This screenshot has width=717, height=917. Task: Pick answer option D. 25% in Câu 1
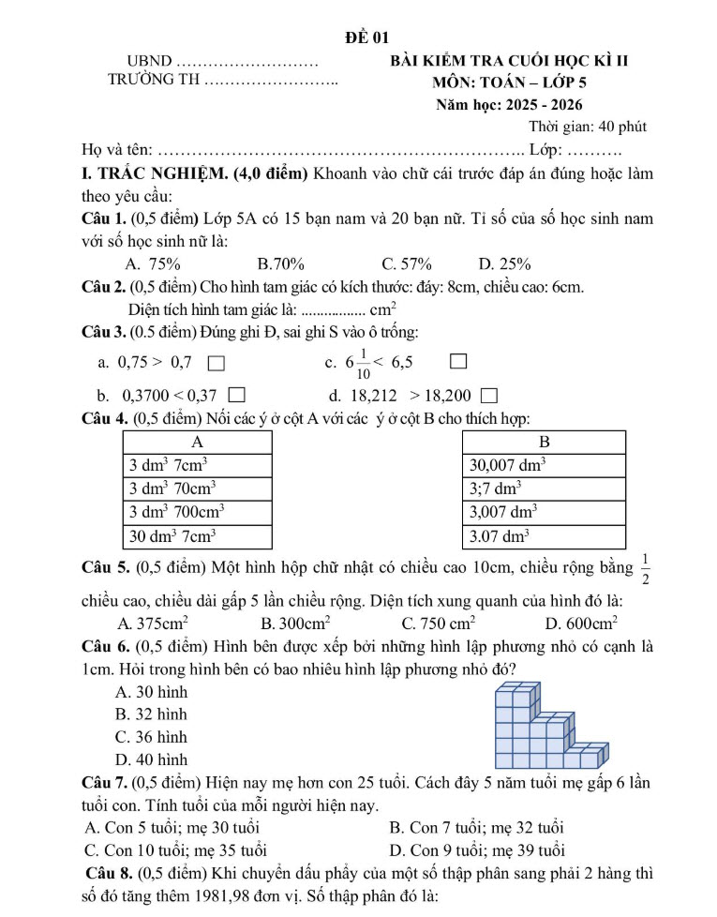(x=504, y=263)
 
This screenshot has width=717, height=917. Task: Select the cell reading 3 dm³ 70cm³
(x=198, y=488)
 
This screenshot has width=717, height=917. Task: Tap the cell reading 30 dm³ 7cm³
(x=198, y=536)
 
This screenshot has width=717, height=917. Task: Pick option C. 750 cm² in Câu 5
(x=438, y=623)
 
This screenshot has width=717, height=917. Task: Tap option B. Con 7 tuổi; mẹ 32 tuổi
(x=475, y=827)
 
